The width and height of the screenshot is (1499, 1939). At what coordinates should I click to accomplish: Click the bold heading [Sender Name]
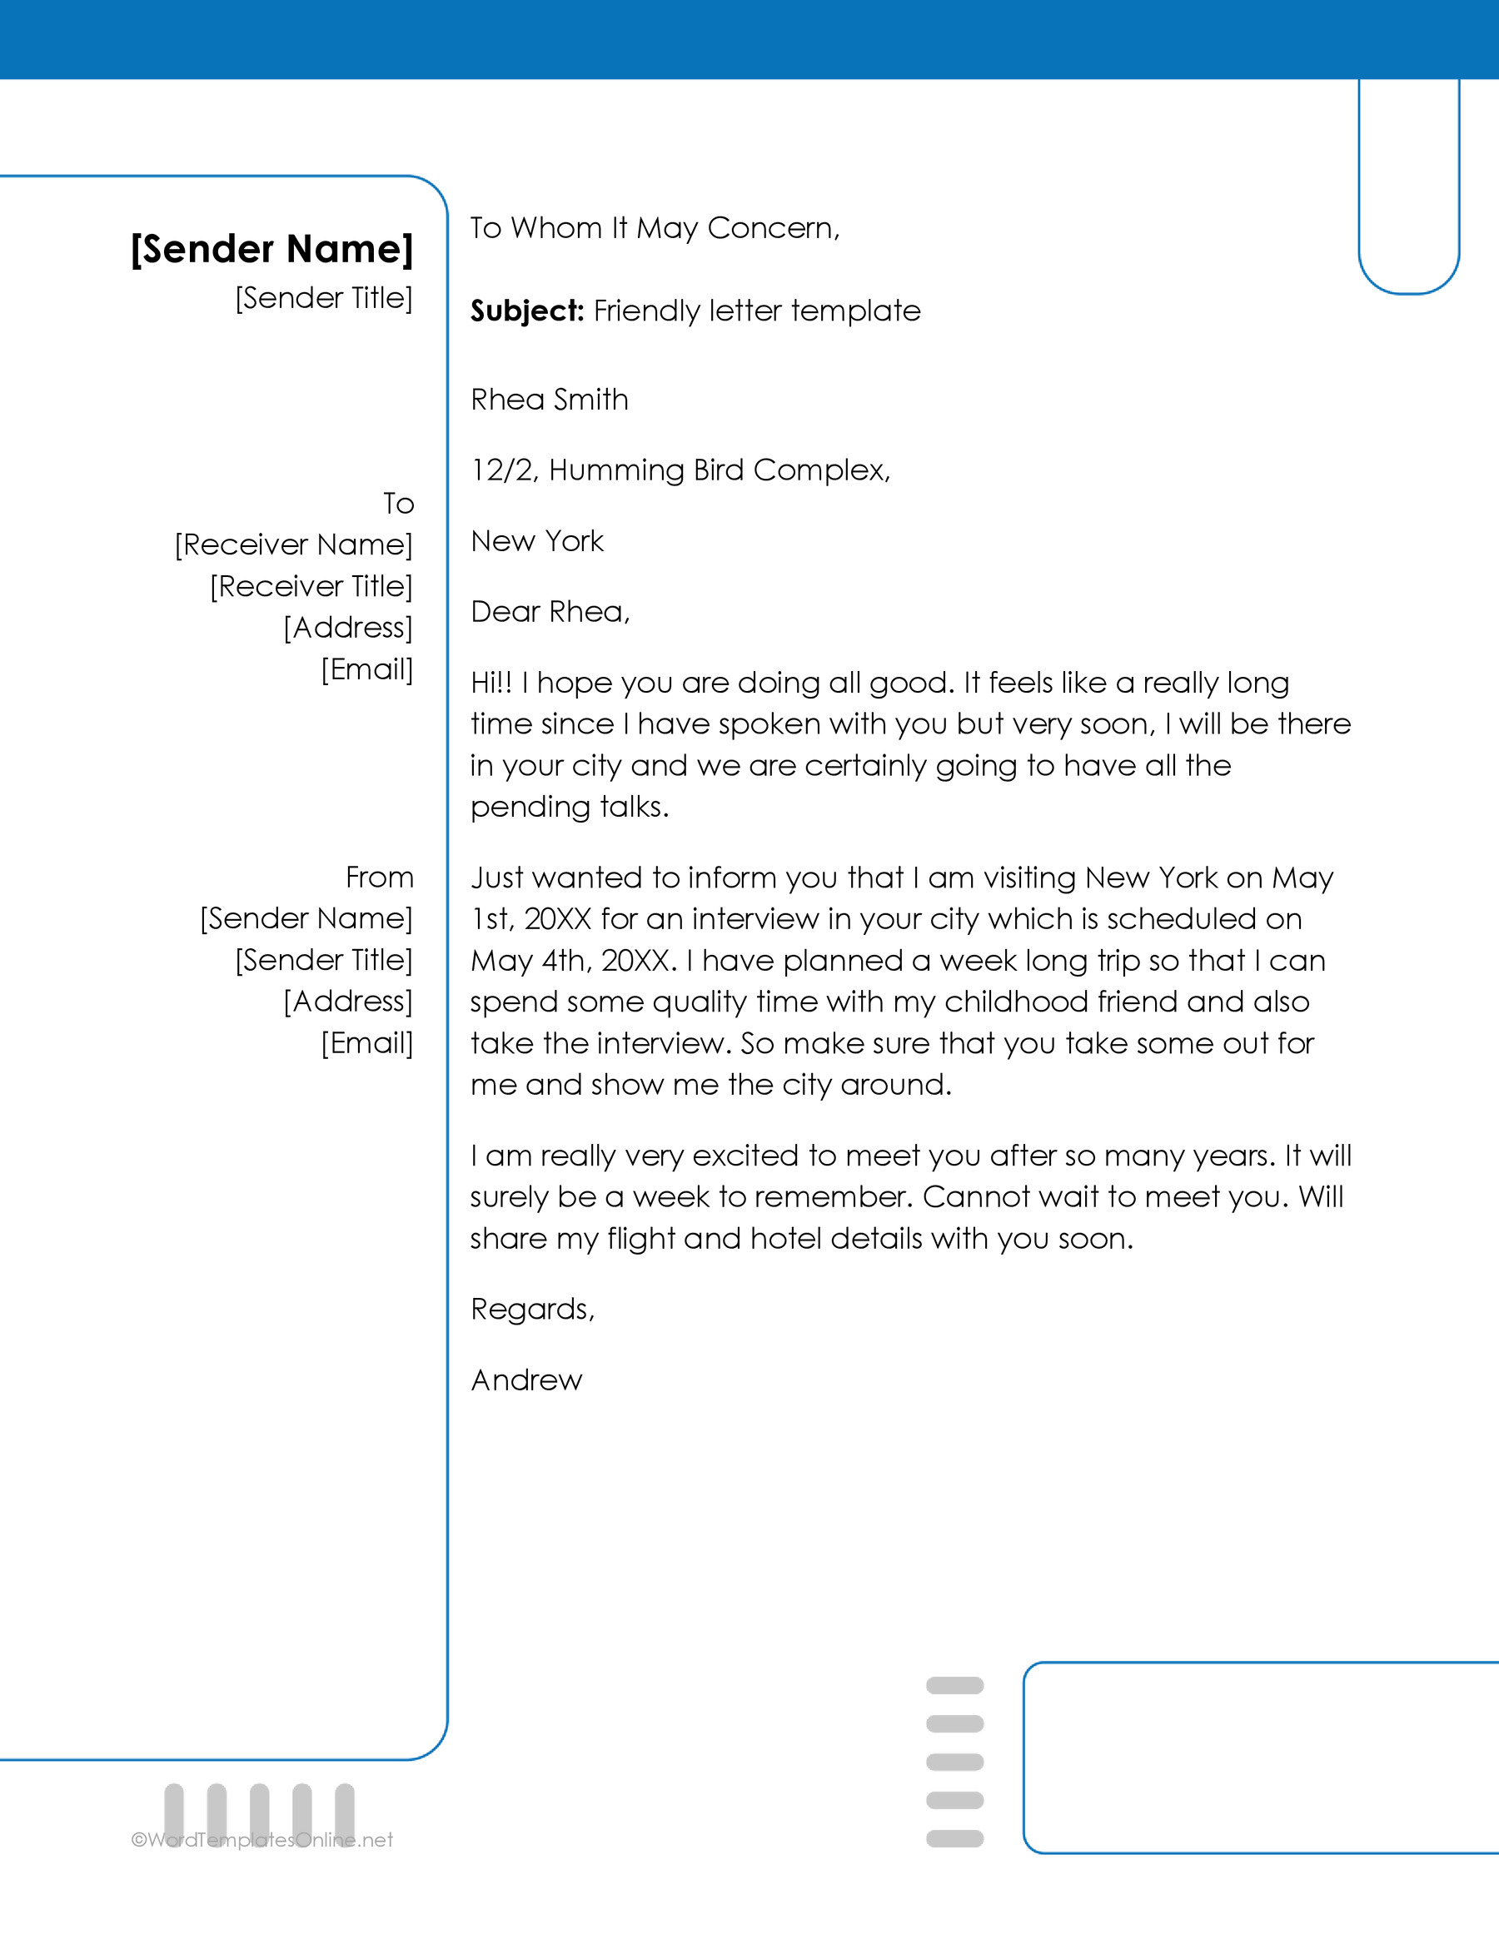[x=271, y=249]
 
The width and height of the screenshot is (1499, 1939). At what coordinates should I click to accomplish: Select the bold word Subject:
[x=526, y=311]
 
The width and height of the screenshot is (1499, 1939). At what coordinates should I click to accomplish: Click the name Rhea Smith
[x=549, y=400]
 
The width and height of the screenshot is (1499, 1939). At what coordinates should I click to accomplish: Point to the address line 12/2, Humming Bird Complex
[x=680, y=470]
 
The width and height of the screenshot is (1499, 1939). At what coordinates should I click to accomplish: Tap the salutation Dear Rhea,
[x=550, y=612]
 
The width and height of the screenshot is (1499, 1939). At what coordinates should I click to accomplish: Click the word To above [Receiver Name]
[x=399, y=504]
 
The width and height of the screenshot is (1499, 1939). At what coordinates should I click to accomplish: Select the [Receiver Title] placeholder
[x=311, y=586]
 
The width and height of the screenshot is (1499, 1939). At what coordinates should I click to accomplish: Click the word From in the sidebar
[x=380, y=878]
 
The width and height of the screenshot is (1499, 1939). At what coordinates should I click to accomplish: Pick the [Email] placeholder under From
[x=367, y=1042]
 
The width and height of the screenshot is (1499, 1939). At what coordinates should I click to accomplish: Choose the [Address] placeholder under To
[x=348, y=628]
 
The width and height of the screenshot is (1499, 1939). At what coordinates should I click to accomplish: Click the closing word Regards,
[x=532, y=1310]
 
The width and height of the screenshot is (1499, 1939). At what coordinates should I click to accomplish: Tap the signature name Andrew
[x=526, y=1380]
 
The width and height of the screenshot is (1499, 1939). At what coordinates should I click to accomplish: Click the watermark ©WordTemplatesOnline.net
[x=262, y=1841]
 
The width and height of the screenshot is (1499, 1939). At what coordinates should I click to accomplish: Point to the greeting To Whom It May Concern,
[x=655, y=228]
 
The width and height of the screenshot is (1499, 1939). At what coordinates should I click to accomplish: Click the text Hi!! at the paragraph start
[x=491, y=683]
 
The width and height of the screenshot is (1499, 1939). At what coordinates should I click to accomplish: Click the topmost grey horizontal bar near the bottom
[x=954, y=1685]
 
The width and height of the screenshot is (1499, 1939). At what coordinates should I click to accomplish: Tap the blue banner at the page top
[x=749, y=39]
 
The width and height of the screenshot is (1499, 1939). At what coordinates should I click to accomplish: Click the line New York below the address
[x=537, y=540]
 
